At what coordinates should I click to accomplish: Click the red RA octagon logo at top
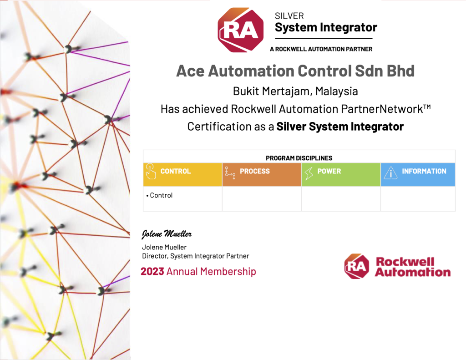(x=240, y=30)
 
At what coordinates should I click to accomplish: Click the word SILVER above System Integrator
(x=289, y=16)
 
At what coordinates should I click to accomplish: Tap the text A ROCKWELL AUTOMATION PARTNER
(x=321, y=49)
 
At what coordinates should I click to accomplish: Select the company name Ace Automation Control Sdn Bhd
(x=295, y=71)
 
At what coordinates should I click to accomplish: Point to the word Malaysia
(x=336, y=91)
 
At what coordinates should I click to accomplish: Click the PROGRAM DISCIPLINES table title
(x=299, y=158)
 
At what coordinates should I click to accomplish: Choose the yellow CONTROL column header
(x=182, y=174)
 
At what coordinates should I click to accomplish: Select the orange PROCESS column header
(x=262, y=174)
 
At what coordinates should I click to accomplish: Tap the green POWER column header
(x=341, y=174)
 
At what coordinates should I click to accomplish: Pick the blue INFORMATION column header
(x=418, y=174)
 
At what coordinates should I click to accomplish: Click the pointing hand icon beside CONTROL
(x=151, y=171)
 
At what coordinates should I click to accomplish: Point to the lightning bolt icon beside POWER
(x=309, y=173)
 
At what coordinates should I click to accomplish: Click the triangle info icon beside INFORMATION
(x=390, y=172)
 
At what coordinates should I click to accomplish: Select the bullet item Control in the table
(x=159, y=195)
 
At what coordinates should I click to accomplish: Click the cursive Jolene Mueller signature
(x=167, y=234)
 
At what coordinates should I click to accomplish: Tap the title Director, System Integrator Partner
(x=196, y=256)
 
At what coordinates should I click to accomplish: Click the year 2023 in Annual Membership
(x=152, y=271)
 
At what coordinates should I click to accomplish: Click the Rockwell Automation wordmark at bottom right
(x=412, y=267)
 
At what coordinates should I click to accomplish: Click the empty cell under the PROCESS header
(x=262, y=198)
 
